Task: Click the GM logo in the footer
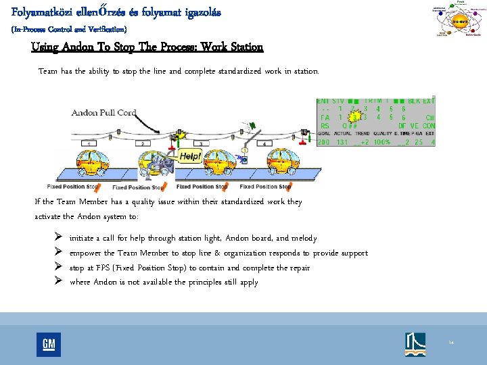click(49, 344)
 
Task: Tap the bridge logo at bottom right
click(415, 344)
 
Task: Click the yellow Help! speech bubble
click(188, 155)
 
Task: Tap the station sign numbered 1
click(89, 144)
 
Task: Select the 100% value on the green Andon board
click(383, 142)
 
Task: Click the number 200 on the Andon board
click(323, 142)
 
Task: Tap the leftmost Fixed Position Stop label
click(74, 187)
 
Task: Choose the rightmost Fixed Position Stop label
click(266, 187)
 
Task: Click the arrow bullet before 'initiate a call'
click(58, 238)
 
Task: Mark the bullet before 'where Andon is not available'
click(58, 282)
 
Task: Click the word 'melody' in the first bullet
click(302, 238)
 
